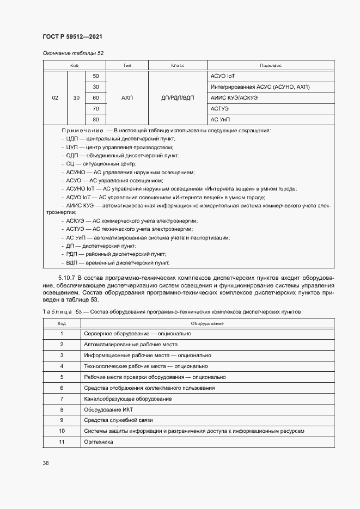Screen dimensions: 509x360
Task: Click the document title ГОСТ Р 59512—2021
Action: coord(72,36)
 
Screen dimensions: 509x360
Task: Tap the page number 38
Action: coord(46,463)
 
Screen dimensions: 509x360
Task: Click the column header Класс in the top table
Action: coord(178,65)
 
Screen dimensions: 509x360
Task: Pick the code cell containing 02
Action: coord(55,98)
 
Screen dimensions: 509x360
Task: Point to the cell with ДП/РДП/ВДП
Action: coord(178,98)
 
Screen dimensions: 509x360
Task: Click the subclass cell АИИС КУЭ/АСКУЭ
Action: coord(234,98)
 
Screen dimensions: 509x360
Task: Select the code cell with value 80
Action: coord(96,119)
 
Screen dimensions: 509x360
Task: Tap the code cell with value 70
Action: coord(96,108)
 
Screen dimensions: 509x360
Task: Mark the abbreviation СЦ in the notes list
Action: coord(70,164)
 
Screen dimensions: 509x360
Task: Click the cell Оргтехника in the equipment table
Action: coord(98,442)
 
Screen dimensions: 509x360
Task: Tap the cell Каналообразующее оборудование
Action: coord(128,398)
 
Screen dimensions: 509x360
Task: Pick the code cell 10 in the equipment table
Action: coord(62,431)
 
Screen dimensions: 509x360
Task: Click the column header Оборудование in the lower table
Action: coord(208,323)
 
